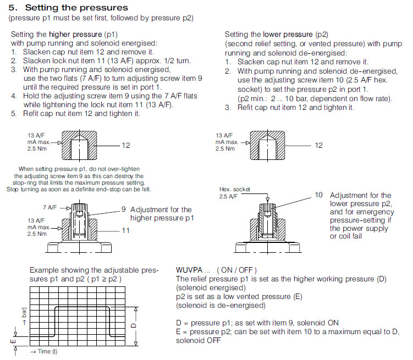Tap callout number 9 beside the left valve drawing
tap(124, 209)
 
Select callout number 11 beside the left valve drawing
tap(125, 230)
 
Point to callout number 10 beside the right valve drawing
tap(319, 195)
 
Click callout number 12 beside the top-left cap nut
tap(126, 145)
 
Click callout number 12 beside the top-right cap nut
tap(319, 145)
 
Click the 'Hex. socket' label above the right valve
tap(234, 189)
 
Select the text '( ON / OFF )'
tap(236, 270)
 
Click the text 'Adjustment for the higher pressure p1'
tap(161, 213)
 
